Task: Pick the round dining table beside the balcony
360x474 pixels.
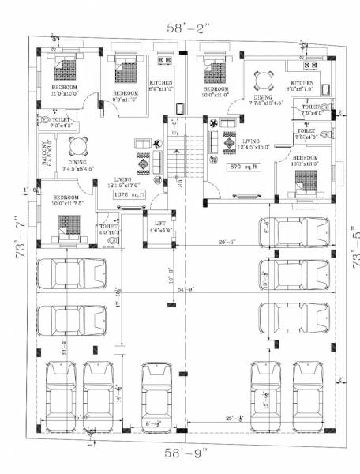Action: pos(77,147)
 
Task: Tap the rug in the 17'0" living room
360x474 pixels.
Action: pos(144,163)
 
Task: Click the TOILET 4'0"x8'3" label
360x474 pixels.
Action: pos(108,229)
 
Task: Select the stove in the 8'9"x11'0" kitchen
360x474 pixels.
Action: pos(166,60)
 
